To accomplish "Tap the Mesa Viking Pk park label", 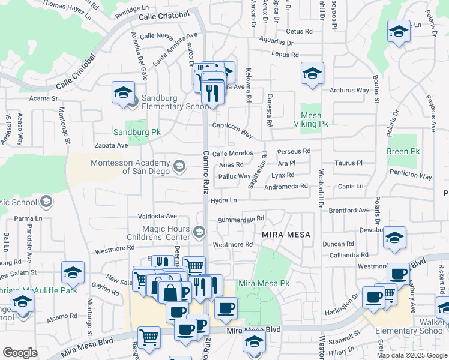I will pos(315,119).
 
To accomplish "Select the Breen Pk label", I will pos(402,152).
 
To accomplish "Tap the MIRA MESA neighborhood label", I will pos(286,235).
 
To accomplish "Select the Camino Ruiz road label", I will pos(205,175).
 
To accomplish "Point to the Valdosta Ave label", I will pos(157,216).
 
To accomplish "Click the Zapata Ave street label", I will pos(111,145).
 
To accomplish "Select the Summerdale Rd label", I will pos(241,220).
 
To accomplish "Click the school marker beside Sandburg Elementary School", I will pos(122,94).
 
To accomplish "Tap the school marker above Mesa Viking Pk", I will pos(312,74).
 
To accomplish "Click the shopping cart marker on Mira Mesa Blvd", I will pos(149,338).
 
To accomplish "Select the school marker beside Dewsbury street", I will pos(394,238).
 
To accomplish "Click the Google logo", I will pos(20,353).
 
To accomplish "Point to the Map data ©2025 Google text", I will pos(411,355).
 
